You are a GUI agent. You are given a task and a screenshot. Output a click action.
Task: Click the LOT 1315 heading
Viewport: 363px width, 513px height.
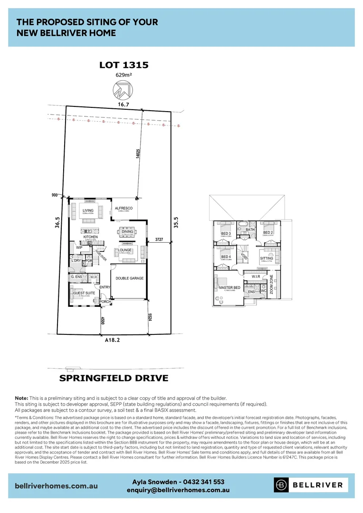(124, 65)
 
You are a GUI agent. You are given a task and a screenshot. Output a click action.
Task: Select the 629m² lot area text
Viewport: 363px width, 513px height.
(124, 75)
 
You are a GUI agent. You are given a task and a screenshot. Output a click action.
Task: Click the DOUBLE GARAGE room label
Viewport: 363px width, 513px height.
(130, 278)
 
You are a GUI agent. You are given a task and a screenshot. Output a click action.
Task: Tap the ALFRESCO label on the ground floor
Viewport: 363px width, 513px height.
(123, 208)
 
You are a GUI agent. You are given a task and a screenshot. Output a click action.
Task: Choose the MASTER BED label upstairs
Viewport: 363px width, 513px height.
(229, 288)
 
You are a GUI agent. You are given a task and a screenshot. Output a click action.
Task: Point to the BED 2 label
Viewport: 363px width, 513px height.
(267, 233)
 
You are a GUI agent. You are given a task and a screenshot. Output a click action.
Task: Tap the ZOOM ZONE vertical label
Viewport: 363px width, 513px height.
(272, 285)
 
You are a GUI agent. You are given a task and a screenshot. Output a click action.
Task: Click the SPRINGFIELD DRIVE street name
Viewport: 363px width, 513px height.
(114, 379)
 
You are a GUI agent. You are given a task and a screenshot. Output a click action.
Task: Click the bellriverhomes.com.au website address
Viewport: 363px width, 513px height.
(57, 486)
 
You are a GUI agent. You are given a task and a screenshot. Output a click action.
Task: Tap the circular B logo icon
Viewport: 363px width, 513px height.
(282, 485)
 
